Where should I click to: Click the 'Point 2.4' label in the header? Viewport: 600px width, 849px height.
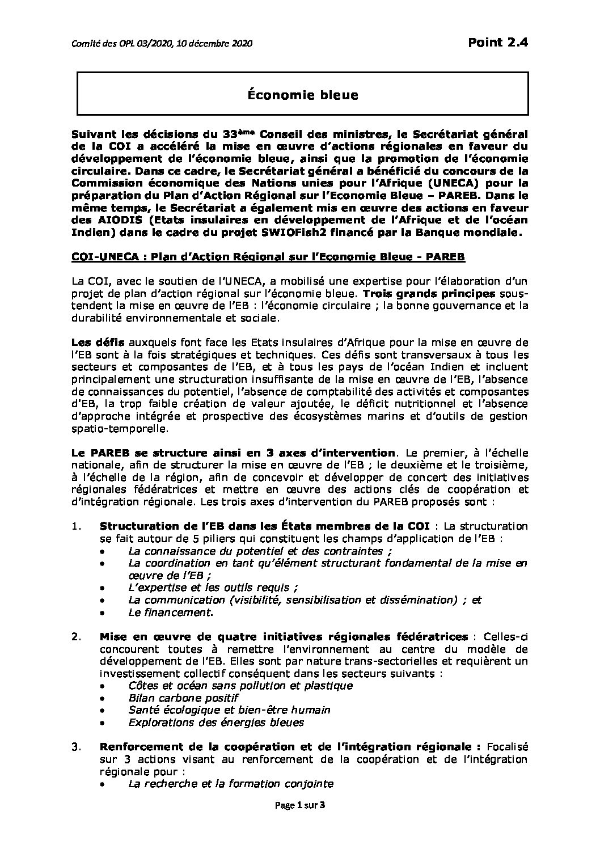(x=497, y=42)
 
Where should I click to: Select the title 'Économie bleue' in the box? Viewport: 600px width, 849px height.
(x=302, y=95)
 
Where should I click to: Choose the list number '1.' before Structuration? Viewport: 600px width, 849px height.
(x=77, y=526)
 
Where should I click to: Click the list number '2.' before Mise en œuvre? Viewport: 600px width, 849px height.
(x=77, y=636)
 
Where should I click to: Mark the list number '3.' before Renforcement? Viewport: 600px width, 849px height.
(x=77, y=746)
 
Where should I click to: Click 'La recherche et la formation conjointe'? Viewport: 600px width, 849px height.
(x=230, y=784)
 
